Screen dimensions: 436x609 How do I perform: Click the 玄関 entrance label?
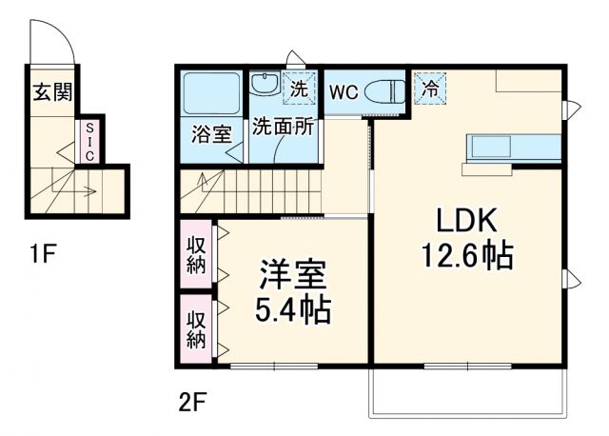tap(51, 92)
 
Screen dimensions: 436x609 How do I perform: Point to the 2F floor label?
tap(191, 401)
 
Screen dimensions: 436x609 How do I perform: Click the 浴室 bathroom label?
tap(210, 131)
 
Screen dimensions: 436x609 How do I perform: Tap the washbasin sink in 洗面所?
tap(264, 85)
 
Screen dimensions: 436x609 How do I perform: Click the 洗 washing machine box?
tap(300, 89)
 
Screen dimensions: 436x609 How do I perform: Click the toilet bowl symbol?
tap(386, 92)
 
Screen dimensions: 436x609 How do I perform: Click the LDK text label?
tap(467, 222)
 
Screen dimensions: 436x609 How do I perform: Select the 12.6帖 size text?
tap(467, 255)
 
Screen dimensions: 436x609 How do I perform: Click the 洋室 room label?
tap(292, 276)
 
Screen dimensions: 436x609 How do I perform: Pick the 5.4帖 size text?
tap(292, 310)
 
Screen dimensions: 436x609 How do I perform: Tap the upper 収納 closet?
tap(196, 254)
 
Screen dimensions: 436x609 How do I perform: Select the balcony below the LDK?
tap(467, 390)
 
